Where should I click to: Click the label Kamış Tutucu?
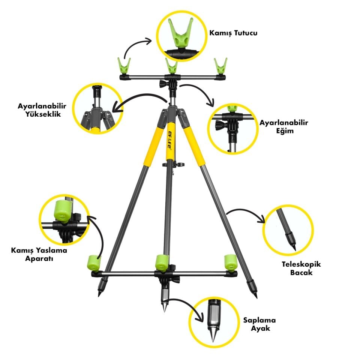click(234, 33)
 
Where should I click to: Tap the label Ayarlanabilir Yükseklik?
click(39, 109)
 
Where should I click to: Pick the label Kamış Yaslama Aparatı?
click(39, 254)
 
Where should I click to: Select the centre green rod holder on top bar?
click(172, 66)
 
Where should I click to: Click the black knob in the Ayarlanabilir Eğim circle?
click(219, 126)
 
